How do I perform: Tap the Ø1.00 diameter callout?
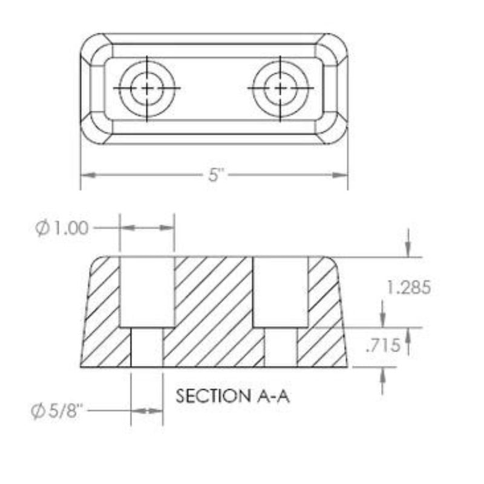pos(62,229)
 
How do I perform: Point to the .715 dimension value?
pos(383,345)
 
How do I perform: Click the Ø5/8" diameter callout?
pos(57,411)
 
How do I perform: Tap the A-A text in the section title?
pos(273,396)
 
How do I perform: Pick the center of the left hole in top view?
pos(147,88)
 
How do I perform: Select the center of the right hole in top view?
pos(280,88)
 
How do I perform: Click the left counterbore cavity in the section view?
pos(146,292)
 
